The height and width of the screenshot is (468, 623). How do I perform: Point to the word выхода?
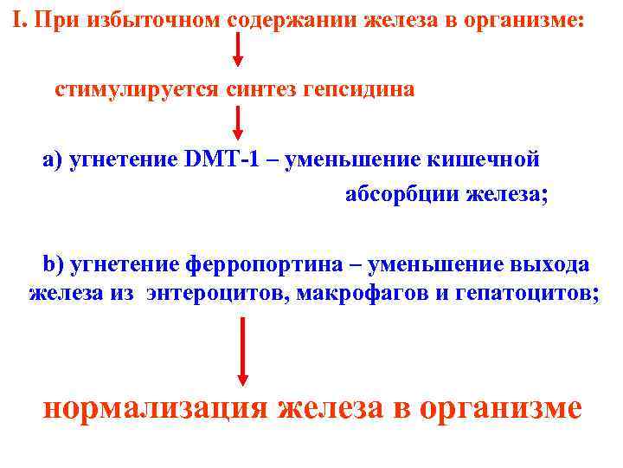tap(544, 263)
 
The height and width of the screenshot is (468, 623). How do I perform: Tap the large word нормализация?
tap(156, 407)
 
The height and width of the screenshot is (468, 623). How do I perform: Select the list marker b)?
tap(54, 263)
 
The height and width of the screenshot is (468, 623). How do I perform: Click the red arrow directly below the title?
tap(239, 50)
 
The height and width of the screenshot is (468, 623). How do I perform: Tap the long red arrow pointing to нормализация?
tap(243, 351)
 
